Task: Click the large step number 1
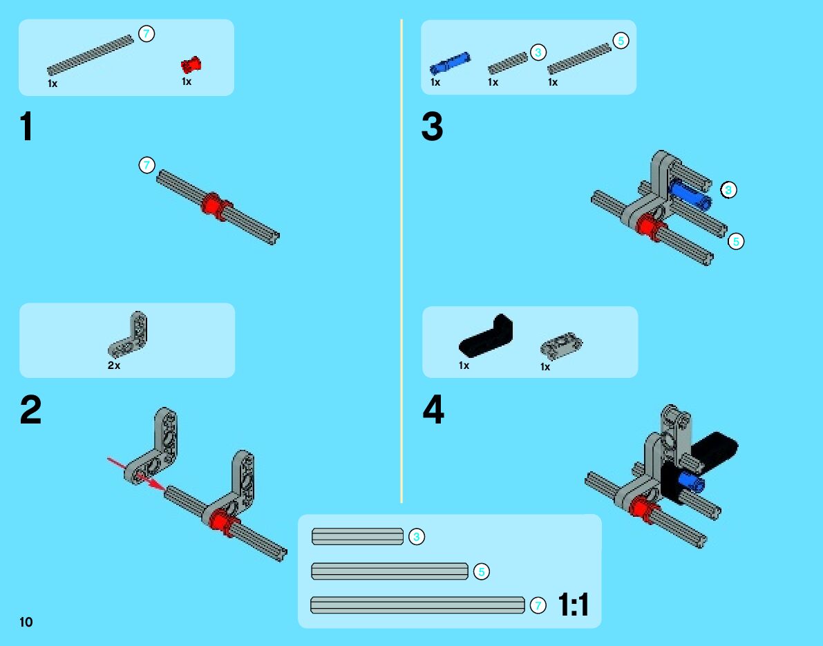(x=26, y=128)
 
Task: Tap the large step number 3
(x=432, y=128)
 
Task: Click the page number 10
(x=26, y=622)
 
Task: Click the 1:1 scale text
(x=573, y=606)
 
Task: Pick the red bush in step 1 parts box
(x=191, y=66)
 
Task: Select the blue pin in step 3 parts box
(x=450, y=63)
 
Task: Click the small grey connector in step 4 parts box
(x=562, y=344)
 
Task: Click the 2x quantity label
(x=114, y=365)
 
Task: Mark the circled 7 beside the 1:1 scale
(x=538, y=606)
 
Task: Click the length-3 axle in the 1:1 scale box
(x=357, y=536)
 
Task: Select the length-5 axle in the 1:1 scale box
(x=390, y=571)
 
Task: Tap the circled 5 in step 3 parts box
(x=621, y=41)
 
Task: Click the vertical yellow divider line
(x=401, y=263)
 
